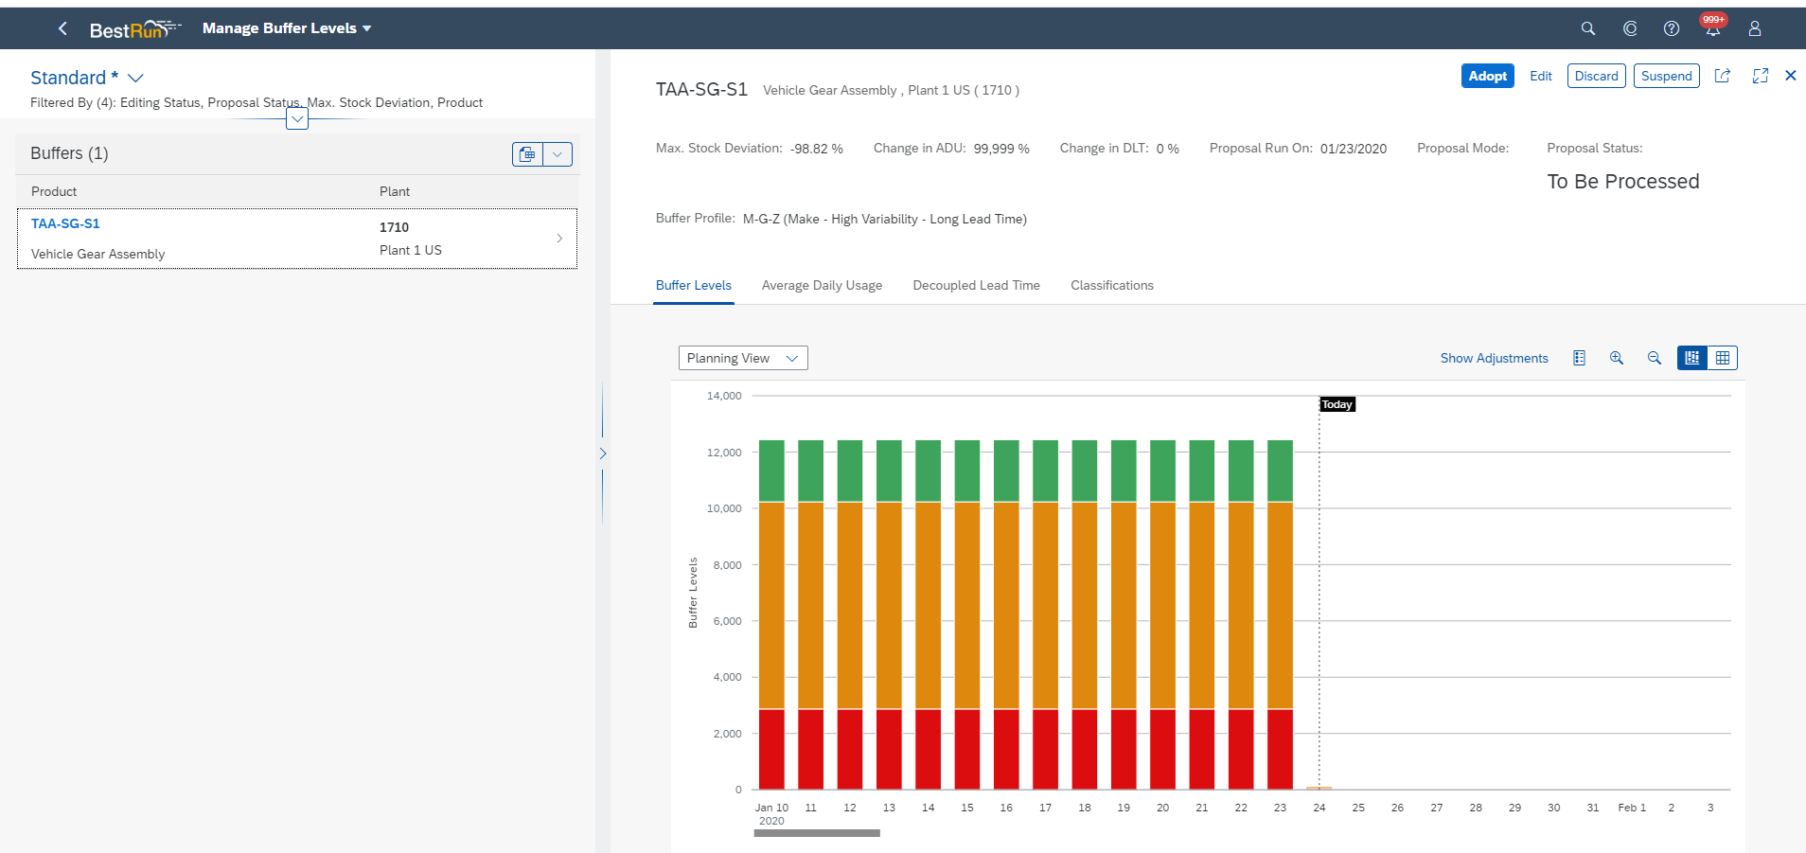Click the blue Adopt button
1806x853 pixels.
[x=1487, y=76]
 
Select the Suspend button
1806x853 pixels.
[x=1666, y=76]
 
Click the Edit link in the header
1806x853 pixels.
[x=1540, y=76]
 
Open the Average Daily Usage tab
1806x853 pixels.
[x=822, y=285]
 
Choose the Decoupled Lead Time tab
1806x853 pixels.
[x=976, y=285]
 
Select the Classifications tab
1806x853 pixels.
[x=1111, y=285]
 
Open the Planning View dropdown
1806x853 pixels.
[x=743, y=358]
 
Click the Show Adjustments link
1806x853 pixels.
[x=1494, y=358]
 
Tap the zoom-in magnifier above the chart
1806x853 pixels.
[x=1616, y=358]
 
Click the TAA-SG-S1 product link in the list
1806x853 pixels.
[x=65, y=223]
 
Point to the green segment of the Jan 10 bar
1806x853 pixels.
[x=771, y=471]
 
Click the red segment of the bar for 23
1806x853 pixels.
[x=1280, y=749]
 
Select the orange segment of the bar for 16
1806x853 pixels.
[x=1006, y=606]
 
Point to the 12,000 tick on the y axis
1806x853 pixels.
[x=724, y=453]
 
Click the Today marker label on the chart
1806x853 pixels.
[x=1337, y=404]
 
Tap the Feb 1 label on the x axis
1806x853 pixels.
[x=1631, y=808]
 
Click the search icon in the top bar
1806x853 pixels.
[x=1587, y=28]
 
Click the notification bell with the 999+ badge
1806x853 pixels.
[x=1712, y=28]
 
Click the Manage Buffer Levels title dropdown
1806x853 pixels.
[x=287, y=28]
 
